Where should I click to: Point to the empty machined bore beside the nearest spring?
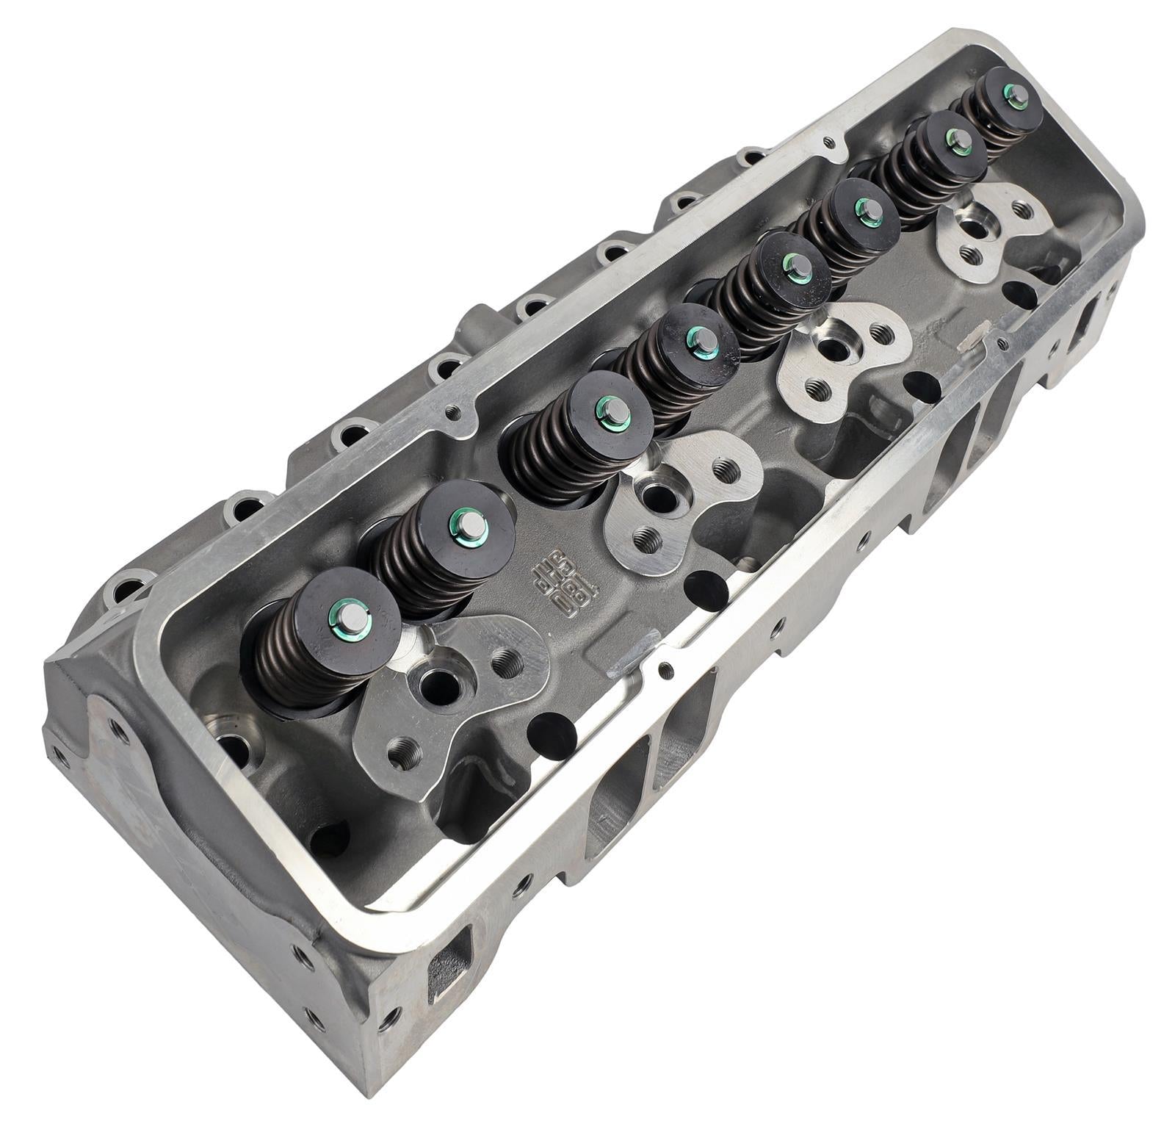227,743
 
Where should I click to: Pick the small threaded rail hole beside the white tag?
998,342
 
